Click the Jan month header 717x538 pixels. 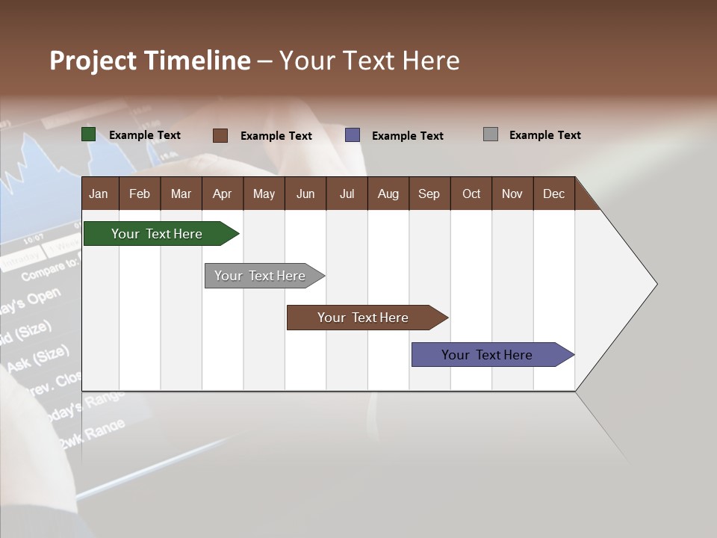point(99,194)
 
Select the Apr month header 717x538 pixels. point(223,194)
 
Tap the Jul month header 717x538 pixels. point(347,194)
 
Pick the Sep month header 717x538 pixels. point(429,194)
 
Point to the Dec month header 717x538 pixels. point(553,194)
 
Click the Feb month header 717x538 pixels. point(140,194)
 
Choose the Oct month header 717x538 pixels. point(471,194)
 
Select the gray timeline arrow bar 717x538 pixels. point(262,276)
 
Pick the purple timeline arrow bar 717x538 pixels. point(490,355)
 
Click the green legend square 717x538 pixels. point(88,134)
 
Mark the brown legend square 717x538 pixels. point(220,135)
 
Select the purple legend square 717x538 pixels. point(353,135)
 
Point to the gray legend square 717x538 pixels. point(490,134)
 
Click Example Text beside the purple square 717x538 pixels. point(408,136)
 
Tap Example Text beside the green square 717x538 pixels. point(145,135)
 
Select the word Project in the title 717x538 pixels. point(93,61)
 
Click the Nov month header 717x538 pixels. point(512,194)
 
